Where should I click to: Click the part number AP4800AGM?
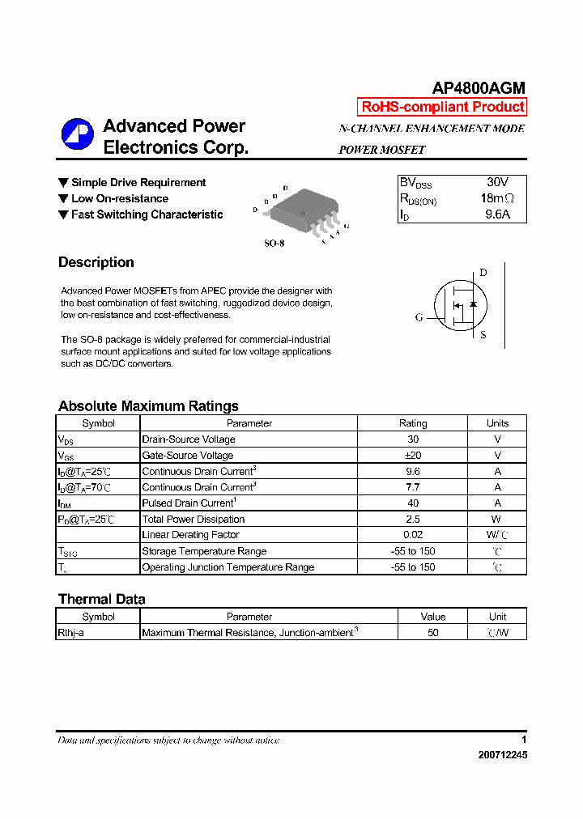click(479, 88)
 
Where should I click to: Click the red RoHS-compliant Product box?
click(442, 107)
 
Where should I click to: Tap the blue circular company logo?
click(78, 134)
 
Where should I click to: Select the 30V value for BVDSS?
click(497, 183)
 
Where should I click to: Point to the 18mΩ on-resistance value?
click(497, 199)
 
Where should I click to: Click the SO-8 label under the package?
click(274, 243)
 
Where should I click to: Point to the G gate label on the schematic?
click(419, 318)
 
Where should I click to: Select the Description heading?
click(96, 262)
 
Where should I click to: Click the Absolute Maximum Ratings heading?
click(148, 406)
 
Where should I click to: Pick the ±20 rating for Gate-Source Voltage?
click(413, 456)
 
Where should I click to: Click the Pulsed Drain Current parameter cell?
click(188, 503)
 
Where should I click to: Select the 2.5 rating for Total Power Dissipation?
click(413, 520)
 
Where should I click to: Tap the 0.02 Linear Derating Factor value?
click(413, 535)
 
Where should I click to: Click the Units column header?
click(497, 423)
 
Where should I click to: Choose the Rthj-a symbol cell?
click(70, 633)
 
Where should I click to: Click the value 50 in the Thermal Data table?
click(433, 633)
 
